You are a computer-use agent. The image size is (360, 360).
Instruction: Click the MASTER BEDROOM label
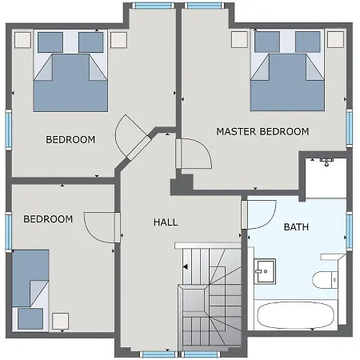262,131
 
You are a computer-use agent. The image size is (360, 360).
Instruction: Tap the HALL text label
165,222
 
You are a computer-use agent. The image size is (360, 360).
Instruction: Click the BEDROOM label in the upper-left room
70,140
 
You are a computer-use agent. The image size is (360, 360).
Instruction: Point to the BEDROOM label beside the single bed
48,219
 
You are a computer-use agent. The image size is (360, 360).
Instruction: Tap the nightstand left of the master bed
238,40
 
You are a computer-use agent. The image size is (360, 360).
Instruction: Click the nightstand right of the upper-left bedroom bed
118,40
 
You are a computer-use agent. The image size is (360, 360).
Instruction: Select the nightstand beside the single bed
59,322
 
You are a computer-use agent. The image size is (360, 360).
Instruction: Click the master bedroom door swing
194,153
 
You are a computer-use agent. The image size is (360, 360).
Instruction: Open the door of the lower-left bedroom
102,229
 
